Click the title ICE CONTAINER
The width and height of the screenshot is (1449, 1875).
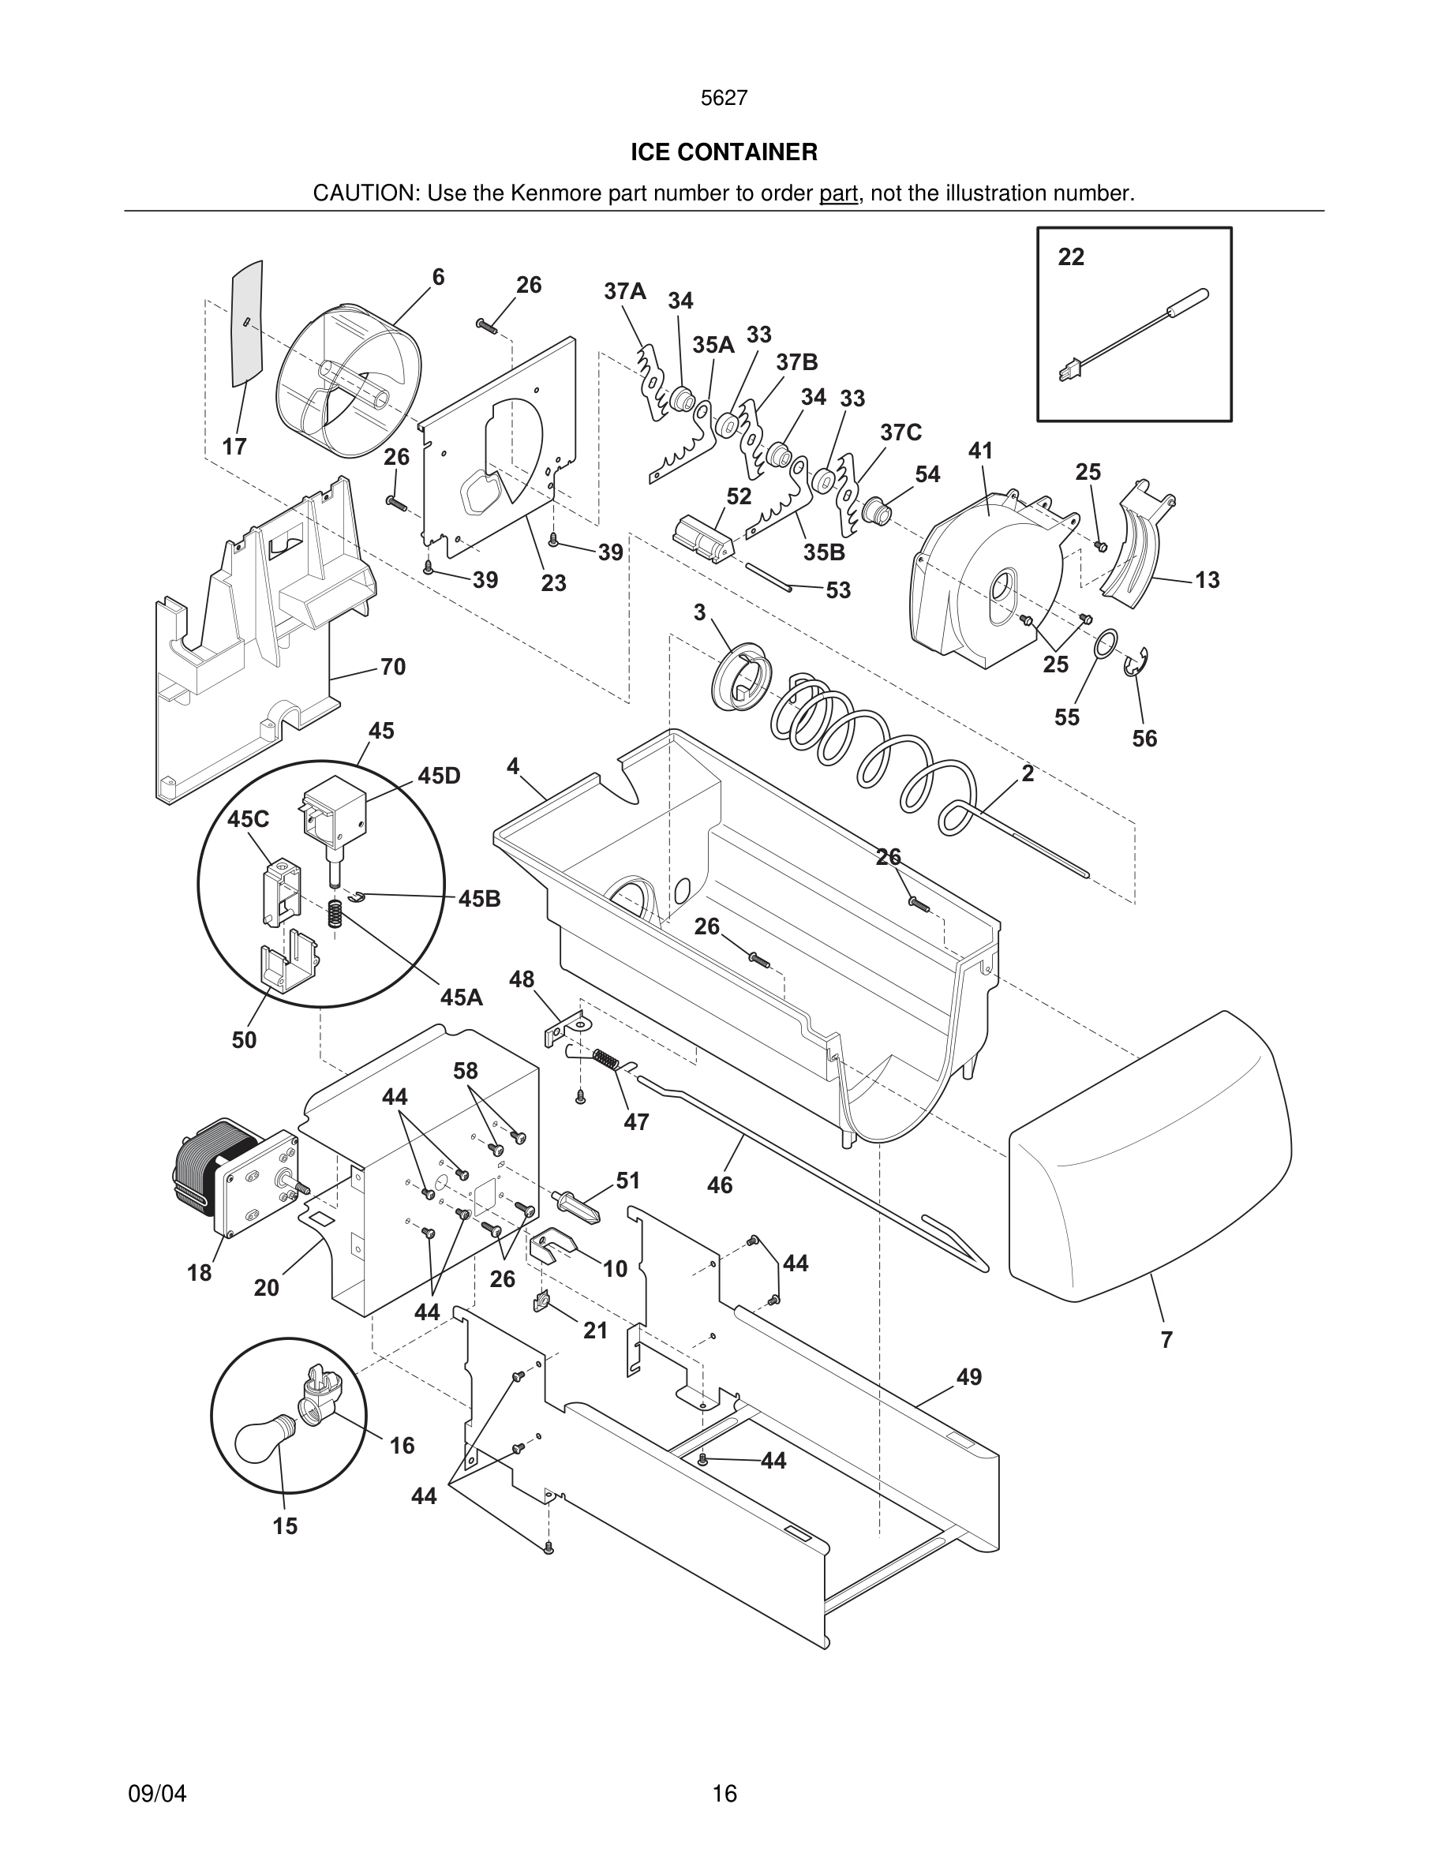point(724,152)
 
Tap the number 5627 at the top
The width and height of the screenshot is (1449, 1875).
point(724,99)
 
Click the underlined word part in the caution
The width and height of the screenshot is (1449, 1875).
point(838,194)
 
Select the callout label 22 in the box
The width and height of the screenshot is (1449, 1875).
point(1070,256)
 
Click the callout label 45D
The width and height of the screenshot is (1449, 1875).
point(440,776)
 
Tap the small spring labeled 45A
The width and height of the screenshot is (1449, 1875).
point(335,912)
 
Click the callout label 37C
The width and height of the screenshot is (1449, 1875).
point(900,432)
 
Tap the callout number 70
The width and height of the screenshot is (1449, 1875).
point(392,667)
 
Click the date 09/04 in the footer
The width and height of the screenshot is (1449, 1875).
point(157,1794)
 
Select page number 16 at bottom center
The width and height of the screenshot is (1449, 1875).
point(724,1794)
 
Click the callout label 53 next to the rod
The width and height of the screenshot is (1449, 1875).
point(838,590)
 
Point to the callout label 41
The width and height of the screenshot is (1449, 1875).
point(980,451)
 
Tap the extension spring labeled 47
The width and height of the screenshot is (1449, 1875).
point(606,1061)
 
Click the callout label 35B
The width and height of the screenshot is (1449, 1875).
point(824,553)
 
